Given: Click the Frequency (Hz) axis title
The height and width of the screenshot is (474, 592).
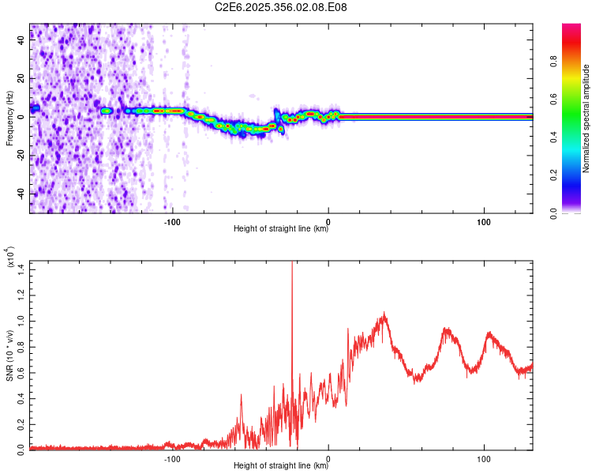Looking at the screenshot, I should [9, 118].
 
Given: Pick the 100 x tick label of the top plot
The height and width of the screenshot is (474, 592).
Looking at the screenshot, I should [484, 220].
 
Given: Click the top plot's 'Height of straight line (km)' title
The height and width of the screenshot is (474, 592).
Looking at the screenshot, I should [281, 229].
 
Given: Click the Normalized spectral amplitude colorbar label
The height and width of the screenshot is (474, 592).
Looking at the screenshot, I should [586, 118].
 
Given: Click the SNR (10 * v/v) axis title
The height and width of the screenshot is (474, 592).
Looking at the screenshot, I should [9, 355].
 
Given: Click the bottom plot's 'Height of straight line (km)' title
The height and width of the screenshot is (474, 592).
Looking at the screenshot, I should [281, 466].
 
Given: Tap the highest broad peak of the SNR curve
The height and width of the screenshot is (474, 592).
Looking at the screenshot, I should [384, 314].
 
